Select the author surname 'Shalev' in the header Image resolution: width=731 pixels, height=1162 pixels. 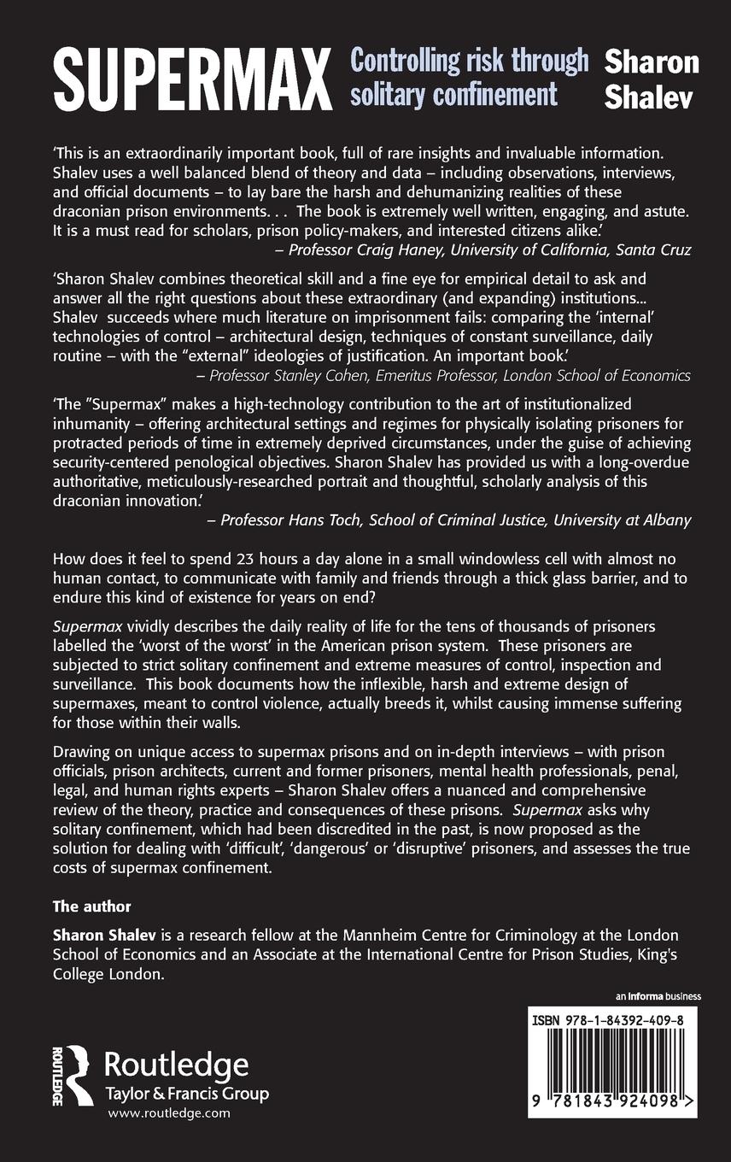649,97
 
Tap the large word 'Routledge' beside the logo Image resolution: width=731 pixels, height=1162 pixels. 176,1065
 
